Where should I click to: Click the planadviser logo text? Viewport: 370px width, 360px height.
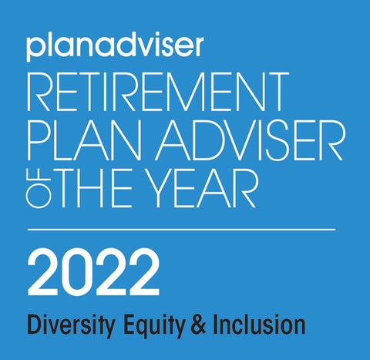tap(115, 47)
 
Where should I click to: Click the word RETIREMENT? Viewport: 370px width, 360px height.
tap(158, 92)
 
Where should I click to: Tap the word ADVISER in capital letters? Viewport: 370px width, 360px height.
tap(250, 140)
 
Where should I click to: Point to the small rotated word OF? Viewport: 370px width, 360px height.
tap(38, 188)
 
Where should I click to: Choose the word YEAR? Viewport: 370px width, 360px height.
tap(203, 188)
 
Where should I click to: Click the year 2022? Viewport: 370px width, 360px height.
tap(93, 271)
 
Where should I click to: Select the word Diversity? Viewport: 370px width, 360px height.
tap(71, 326)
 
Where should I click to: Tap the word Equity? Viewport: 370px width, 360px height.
tap(153, 326)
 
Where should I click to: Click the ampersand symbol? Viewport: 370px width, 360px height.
tap(198, 325)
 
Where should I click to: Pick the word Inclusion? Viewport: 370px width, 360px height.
tap(259, 325)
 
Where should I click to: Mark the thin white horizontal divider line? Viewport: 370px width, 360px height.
tap(181, 229)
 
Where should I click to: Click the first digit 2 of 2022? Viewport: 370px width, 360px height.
tap(42, 271)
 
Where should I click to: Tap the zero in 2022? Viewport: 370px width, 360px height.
tap(77, 271)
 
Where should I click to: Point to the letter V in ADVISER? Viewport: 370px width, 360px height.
tap(240, 140)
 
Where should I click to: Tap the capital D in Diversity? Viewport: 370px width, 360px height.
tap(35, 325)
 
